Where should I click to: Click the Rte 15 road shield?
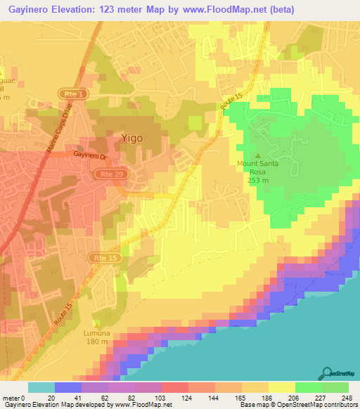click(x=102, y=259)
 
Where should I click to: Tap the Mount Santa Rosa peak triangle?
click(x=257, y=156)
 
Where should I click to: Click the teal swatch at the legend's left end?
click(x=41, y=387)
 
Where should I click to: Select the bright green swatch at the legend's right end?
click(x=335, y=387)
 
